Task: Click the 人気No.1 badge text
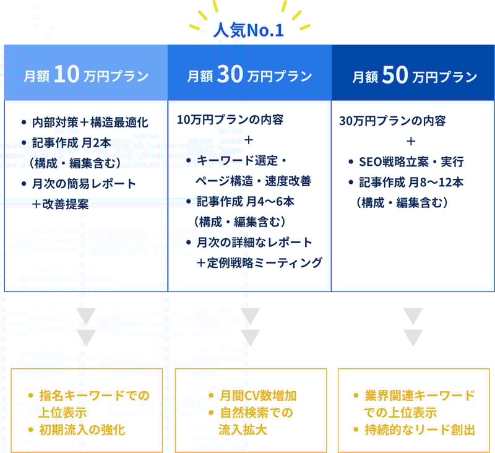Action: click(x=249, y=30)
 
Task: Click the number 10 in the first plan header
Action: click(x=67, y=74)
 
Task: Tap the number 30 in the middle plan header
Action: click(x=230, y=74)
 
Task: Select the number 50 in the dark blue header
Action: click(x=395, y=75)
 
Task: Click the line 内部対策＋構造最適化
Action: click(x=90, y=123)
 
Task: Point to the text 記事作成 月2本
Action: click(x=72, y=143)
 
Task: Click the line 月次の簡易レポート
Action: click(x=84, y=184)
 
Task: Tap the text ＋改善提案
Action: click(x=60, y=204)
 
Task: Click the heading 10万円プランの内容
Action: click(x=230, y=120)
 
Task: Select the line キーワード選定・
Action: click(x=241, y=161)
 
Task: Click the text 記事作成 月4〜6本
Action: click(x=245, y=201)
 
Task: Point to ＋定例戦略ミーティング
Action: click(x=259, y=262)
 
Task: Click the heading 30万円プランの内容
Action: click(x=392, y=121)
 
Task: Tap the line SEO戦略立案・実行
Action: click(x=411, y=162)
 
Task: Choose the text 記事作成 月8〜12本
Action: click(x=411, y=183)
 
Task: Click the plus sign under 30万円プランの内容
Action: click(x=411, y=141)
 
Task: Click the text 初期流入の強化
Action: click(x=82, y=430)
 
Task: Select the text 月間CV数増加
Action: click(x=258, y=396)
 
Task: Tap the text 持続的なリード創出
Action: click(x=420, y=430)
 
